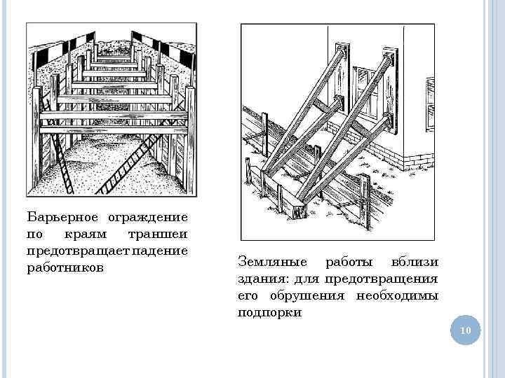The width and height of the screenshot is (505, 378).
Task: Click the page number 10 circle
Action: pos(464,330)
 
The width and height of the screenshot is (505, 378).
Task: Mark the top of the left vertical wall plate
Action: pos(341,50)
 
